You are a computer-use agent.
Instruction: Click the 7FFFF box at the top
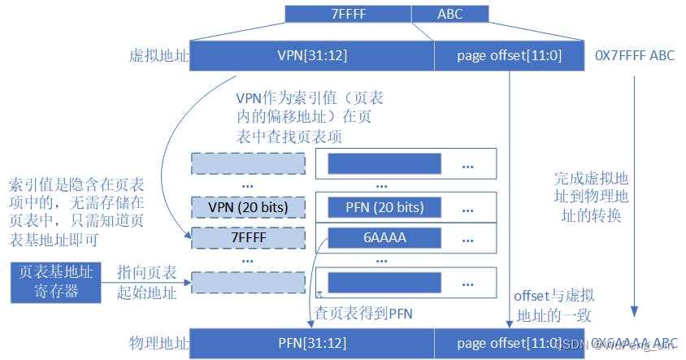[348, 14]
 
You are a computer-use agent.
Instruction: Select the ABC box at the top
[449, 14]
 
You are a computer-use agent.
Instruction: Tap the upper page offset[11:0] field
[509, 56]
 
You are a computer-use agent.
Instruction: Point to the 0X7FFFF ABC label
[635, 56]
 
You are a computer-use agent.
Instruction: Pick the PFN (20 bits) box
[384, 207]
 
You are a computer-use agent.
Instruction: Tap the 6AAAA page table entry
[384, 237]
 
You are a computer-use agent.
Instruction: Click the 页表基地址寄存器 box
[57, 281]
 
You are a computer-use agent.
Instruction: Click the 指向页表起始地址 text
[146, 281]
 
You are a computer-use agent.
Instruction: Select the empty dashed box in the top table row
[248, 163]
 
